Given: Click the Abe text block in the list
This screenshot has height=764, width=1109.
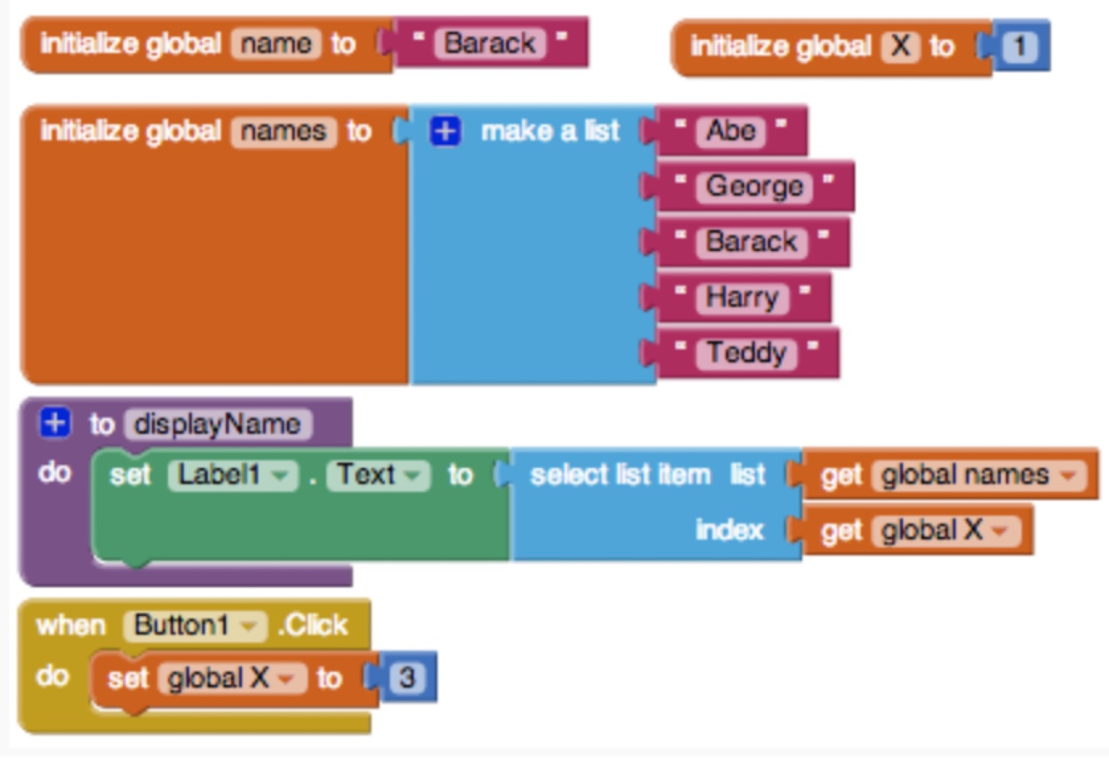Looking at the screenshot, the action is pos(731,131).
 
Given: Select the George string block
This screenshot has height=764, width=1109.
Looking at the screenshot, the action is pos(754,186).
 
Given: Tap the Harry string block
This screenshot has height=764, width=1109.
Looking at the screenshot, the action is pos(742,298).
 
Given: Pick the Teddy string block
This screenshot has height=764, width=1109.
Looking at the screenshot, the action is pos(747,353).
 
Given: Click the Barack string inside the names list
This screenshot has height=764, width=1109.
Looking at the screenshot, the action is pos(752,242).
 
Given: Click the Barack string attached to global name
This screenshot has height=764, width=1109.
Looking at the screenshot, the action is pos(490,42).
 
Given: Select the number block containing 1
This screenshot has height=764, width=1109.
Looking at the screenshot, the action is pos(1019,47).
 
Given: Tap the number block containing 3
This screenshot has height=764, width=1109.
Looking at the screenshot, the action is pos(407,678).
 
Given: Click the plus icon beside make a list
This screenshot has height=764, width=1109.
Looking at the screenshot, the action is pos(445,131).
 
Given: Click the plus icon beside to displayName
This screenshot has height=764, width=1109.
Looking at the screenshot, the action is pos(54,423).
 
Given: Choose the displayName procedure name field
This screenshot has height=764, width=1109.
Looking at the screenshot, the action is pos(218,424).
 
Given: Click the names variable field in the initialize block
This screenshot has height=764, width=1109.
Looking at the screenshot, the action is pos(283,131).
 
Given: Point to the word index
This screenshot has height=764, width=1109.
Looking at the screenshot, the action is pos(729,530).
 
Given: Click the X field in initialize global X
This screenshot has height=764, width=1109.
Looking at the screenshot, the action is pos(901,47).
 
